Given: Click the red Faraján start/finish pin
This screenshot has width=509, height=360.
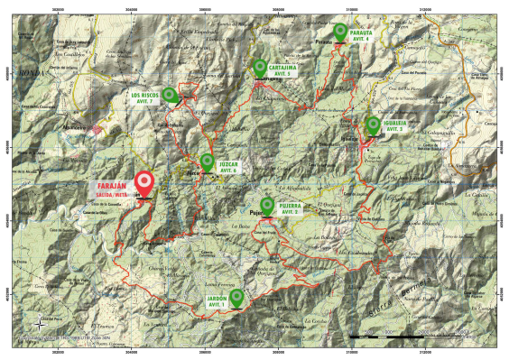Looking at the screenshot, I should coord(143,184).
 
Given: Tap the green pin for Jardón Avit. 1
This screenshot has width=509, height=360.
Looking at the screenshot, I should coord(236,297).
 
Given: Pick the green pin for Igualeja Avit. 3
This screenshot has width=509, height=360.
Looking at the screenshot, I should coord(373,125).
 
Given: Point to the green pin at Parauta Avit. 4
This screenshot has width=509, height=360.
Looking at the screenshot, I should coord(340,32).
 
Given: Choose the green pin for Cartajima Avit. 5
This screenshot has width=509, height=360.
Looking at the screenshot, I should coord(260,67).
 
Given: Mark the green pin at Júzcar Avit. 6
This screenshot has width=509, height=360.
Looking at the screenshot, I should coord(208,162).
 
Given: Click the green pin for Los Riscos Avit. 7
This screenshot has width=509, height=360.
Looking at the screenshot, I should coord(169,94).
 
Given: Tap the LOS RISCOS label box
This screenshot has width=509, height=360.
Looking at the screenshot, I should coord(144,97).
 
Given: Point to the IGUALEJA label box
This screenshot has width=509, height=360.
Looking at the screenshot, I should coord(399,126).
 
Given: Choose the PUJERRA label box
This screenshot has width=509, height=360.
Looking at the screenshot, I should coord(290,208).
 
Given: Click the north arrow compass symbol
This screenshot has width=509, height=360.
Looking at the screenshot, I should coord(40,323).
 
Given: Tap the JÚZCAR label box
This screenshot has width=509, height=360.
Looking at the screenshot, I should coord(229,167).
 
